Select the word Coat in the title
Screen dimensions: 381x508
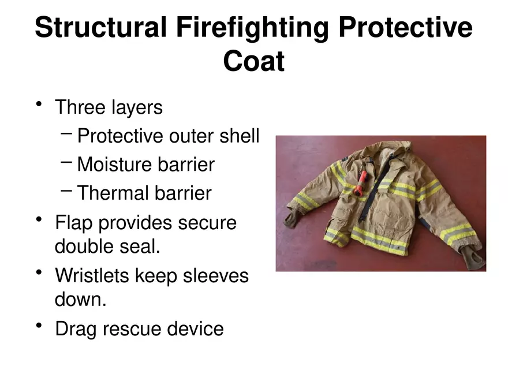click(253, 61)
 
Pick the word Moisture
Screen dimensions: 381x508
click(115, 165)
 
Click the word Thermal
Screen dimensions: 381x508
click(113, 193)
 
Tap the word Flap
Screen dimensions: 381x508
click(74, 222)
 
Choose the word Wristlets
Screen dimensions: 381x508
click(95, 275)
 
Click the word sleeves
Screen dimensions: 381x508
click(215, 275)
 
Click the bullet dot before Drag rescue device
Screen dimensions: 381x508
click(39, 326)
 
